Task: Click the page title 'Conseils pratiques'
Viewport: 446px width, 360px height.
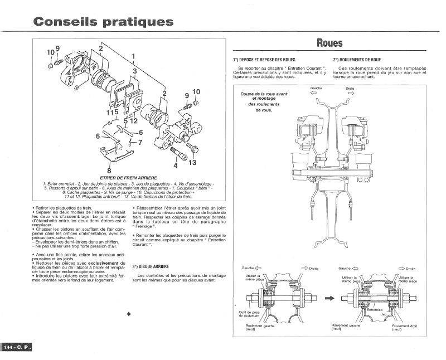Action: [x=103, y=22]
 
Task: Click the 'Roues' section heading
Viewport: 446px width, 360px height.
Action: [x=329, y=43]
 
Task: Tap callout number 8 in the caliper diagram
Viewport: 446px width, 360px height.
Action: [x=109, y=171]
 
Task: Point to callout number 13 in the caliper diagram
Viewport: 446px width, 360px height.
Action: [x=192, y=162]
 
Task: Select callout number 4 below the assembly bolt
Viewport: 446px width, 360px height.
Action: [x=176, y=166]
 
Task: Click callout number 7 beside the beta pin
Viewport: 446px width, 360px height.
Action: [x=140, y=142]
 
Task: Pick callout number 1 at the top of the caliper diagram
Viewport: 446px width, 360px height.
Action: [x=133, y=56]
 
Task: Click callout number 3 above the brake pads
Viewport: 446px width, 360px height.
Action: [x=135, y=71]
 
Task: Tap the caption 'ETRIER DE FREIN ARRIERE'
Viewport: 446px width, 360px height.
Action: [x=129, y=178]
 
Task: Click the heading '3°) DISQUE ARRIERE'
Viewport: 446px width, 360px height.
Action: [x=151, y=267]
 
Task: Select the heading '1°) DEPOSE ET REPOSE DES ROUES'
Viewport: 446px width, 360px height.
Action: [x=264, y=60]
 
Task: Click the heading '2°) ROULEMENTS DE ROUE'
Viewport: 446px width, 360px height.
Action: [x=357, y=60]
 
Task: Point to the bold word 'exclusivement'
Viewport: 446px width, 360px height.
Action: [x=103, y=264]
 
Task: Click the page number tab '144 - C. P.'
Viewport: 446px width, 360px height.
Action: [x=17, y=347]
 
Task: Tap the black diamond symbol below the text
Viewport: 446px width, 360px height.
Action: [x=129, y=314]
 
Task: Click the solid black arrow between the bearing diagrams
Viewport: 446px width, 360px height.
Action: [x=329, y=298]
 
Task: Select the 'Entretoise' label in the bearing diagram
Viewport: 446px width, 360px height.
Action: [x=375, y=310]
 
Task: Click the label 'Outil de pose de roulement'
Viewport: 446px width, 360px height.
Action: [x=249, y=314]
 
